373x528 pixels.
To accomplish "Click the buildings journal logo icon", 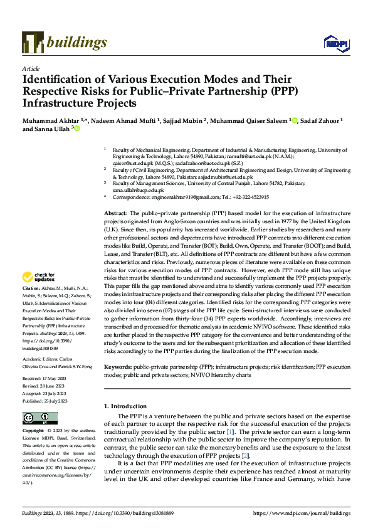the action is pos(33,42).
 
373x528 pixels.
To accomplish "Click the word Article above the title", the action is pos(31,68).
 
